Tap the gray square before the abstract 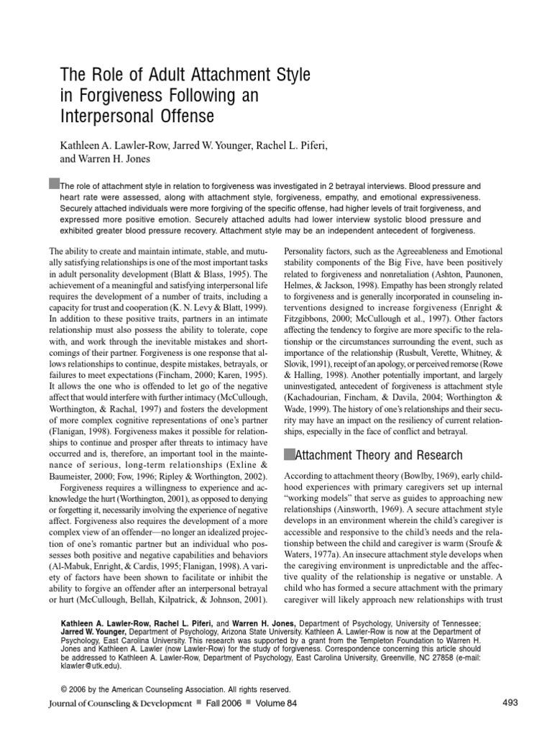click(x=54, y=184)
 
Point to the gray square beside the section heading click(x=290, y=454)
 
